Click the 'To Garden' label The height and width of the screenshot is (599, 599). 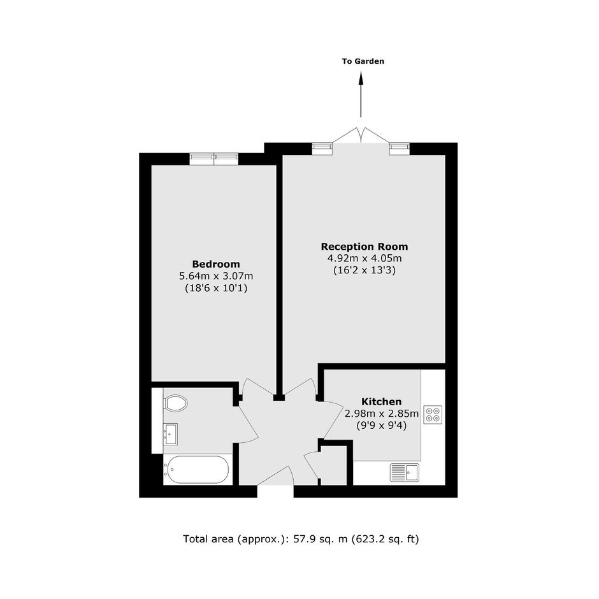tap(363, 61)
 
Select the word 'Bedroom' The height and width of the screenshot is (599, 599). tap(216, 264)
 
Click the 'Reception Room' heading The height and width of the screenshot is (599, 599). tap(364, 247)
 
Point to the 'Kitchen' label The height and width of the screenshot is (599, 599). tap(381, 401)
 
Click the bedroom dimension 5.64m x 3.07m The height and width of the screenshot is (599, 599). tap(216, 276)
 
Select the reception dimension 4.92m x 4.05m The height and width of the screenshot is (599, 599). tap(364, 258)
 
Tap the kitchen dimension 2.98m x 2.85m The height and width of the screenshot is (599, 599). tap(382, 414)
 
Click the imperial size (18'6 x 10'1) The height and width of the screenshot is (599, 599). tap(216, 288)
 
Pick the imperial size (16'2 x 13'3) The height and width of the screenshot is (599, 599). tap(364, 270)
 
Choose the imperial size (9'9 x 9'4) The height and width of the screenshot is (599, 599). tap(381, 425)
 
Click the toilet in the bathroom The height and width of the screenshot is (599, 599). tap(175, 403)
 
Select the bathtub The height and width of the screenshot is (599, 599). tap(196, 470)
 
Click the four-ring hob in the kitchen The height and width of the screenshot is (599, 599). tap(433, 415)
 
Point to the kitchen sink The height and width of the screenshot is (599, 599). tap(405, 473)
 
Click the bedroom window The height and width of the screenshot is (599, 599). tap(214, 159)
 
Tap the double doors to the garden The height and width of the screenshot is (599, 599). tap(361, 136)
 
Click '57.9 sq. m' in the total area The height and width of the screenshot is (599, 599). tap(320, 539)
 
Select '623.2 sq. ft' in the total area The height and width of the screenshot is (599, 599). tap(385, 539)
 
